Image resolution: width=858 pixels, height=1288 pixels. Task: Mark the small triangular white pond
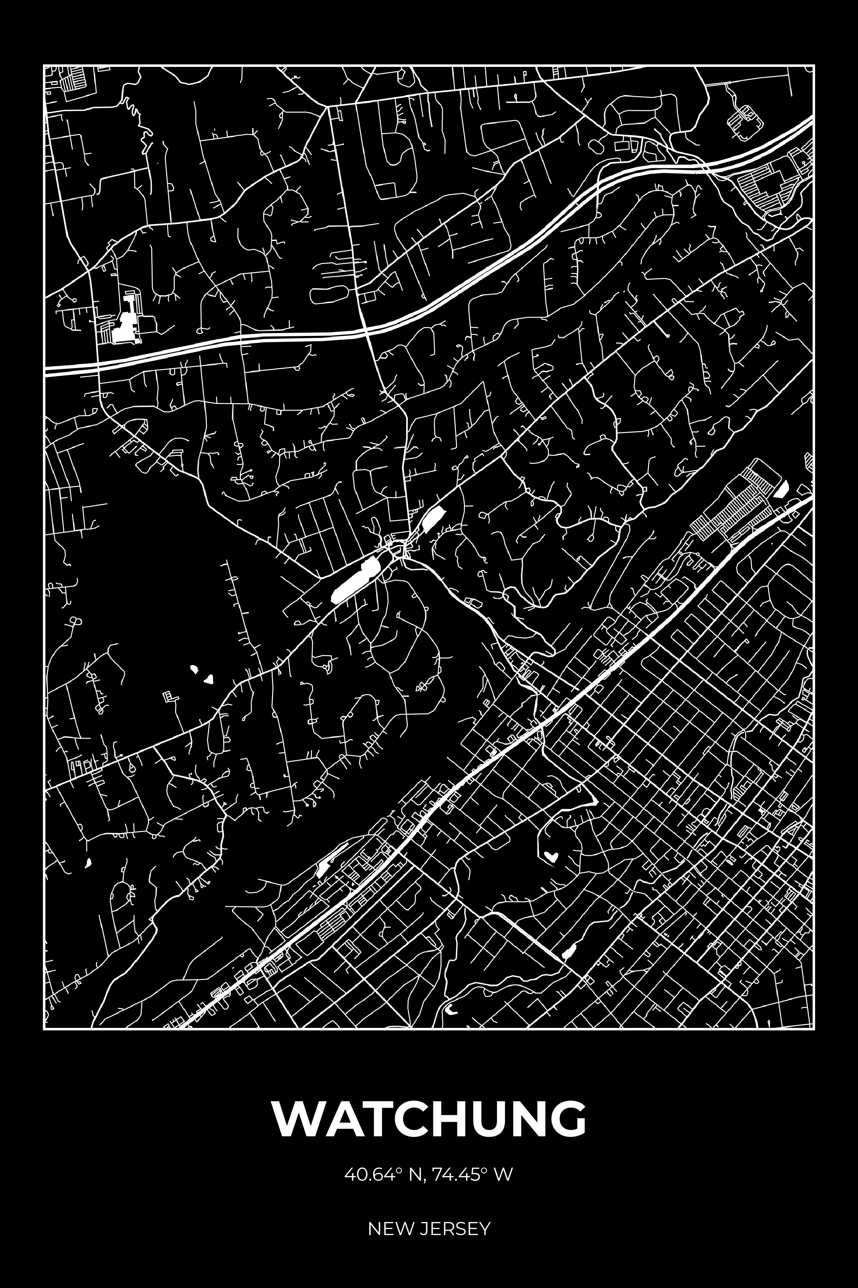click(x=208, y=679)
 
